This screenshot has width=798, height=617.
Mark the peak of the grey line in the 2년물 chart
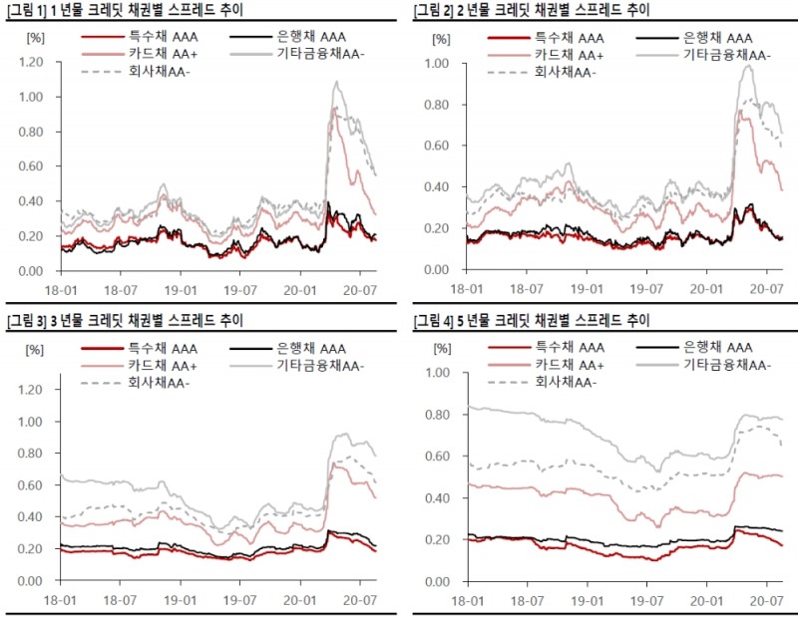(x=747, y=66)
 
